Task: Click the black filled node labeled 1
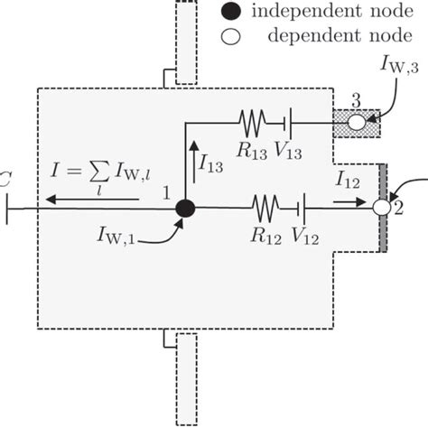(x=185, y=208)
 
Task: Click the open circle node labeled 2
(x=381, y=208)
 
